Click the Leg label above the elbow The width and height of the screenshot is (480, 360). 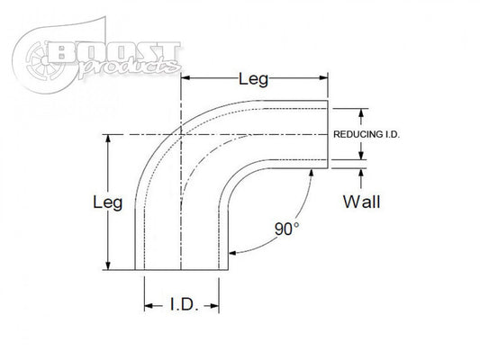[253, 81]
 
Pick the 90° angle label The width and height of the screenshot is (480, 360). [286, 229]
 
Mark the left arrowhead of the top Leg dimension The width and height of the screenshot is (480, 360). [188, 81]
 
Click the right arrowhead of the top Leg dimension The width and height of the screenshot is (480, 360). [322, 81]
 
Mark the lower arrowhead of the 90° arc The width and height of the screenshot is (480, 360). [233, 254]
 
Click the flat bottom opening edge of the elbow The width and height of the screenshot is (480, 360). [180, 270]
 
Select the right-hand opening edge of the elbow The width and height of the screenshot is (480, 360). [327, 134]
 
